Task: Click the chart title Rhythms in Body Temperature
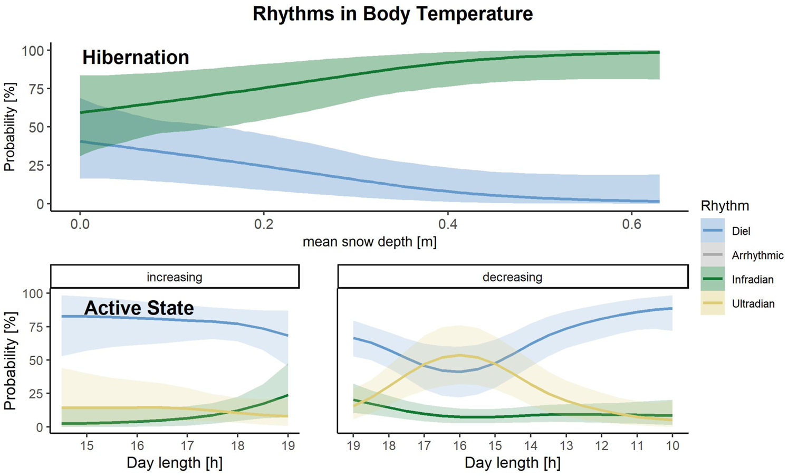(x=392, y=14)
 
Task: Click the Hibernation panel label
(x=136, y=58)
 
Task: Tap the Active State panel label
(x=139, y=308)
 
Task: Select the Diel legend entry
(x=741, y=231)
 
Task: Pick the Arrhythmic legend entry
(x=757, y=255)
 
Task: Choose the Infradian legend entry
(x=752, y=280)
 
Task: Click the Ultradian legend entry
(x=753, y=304)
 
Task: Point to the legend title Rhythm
(x=725, y=206)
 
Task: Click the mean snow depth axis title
(x=369, y=242)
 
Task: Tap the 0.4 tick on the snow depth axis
(x=447, y=224)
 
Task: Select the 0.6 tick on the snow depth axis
(x=631, y=224)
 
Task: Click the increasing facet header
(x=175, y=277)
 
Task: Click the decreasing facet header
(x=512, y=277)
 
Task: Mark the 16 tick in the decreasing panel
(x=459, y=445)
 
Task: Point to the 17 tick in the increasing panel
(x=187, y=445)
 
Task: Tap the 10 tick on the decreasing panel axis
(x=671, y=445)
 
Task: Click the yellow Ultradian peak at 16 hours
(x=459, y=355)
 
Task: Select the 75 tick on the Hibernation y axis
(x=36, y=89)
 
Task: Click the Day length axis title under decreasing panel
(x=512, y=463)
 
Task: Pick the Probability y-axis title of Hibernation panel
(x=9, y=127)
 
